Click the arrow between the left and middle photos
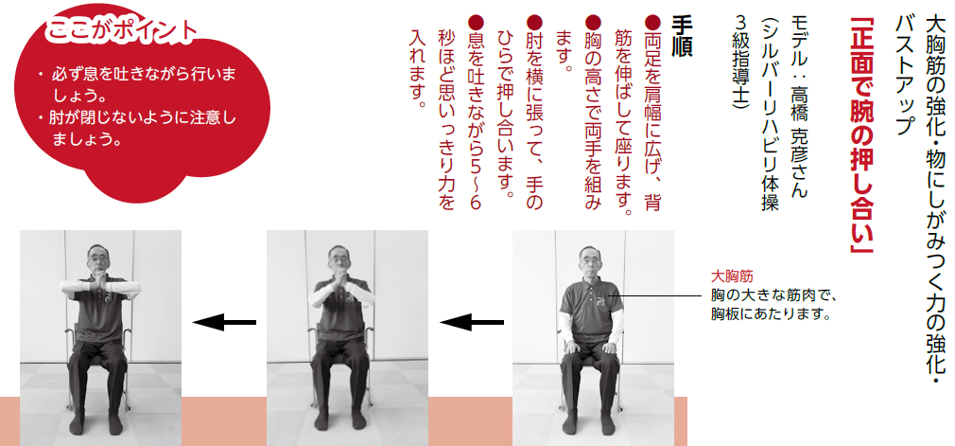224,322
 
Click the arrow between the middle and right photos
472,322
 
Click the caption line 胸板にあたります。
771,315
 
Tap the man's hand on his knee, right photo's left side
571,348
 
